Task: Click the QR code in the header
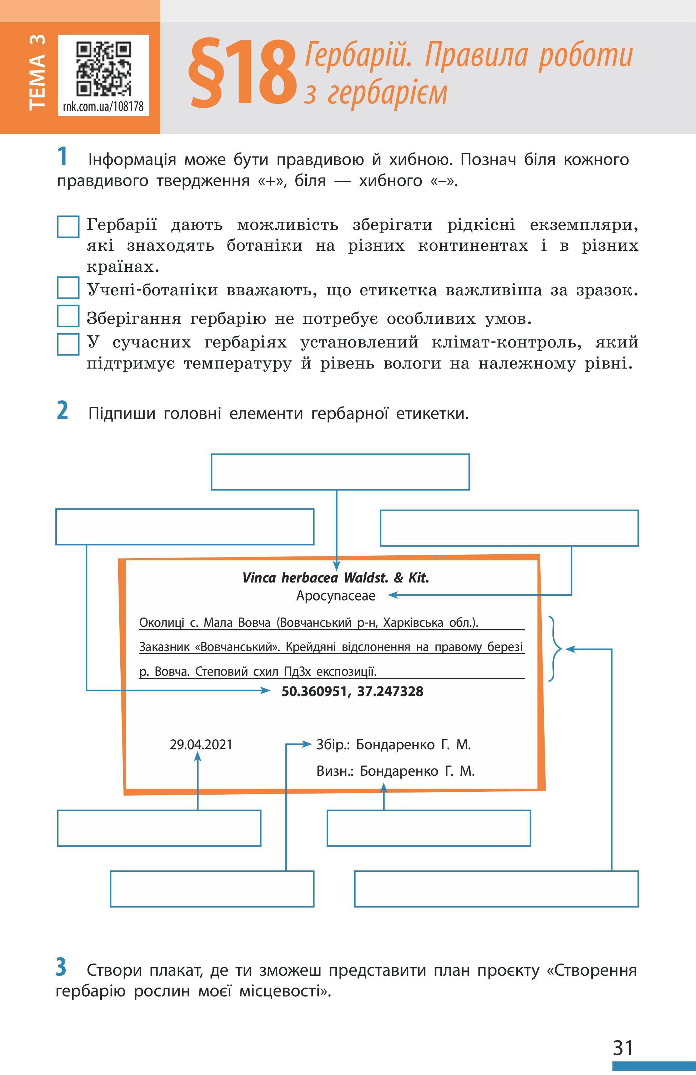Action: pyautogui.click(x=104, y=69)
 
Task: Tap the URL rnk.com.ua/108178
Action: pyautogui.click(x=104, y=106)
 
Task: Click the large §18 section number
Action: pyautogui.click(x=243, y=74)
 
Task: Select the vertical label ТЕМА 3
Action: pyautogui.click(x=37, y=72)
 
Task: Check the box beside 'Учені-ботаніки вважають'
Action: pyautogui.click(x=68, y=289)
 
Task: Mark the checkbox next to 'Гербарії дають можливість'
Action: pyautogui.click(x=68, y=226)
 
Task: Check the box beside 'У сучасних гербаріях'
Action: pyautogui.click(x=68, y=344)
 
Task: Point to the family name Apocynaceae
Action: pyautogui.click(x=336, y=596)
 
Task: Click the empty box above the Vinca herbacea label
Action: pyautogui.click(x=340, y=472)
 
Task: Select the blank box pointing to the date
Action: pyautogui.click(x=159, y=828)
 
